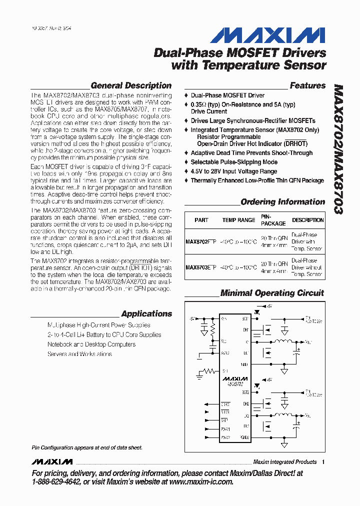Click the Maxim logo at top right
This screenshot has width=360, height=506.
(x=267, y=35)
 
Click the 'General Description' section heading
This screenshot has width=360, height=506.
(x=131, y=85)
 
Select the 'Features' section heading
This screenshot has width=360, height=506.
(x=307, y=85)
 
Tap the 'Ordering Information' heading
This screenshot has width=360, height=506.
(x=282, y=202)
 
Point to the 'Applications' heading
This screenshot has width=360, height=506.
(x=146, y=314)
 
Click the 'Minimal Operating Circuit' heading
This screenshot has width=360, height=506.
(x=272, y=293)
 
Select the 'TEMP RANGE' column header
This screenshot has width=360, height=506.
(x=238, y=220)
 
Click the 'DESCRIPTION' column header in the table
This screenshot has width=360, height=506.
(x=307, y=220)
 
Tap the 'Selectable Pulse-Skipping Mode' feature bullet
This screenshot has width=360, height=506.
(x=234, y=162)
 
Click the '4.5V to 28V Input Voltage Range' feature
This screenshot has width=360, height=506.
(x=233, y=171)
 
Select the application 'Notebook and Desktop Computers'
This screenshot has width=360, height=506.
(x=91, y=344)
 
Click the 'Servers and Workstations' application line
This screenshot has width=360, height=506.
(x=80, y=354)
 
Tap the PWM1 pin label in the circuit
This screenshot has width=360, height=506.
(x=225, y=429)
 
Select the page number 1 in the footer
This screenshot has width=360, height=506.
(x=323, y=462)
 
